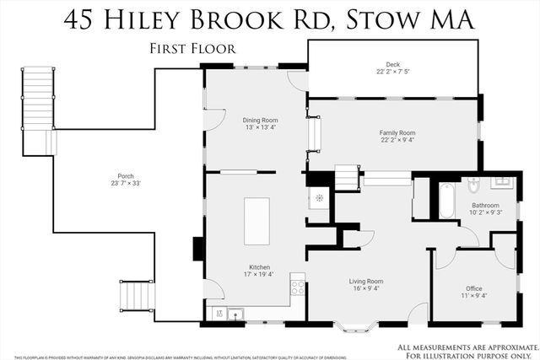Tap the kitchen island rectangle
[256, 221]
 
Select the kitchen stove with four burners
[297, 287]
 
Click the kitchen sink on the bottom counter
[235, 315]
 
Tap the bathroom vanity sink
[502, 181]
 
